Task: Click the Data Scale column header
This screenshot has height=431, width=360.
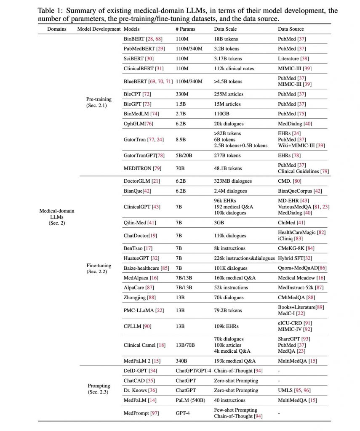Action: pos(225,29)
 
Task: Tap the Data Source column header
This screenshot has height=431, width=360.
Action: pos(291,29)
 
